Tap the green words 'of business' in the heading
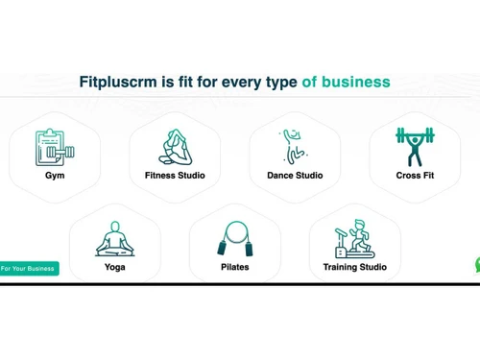pyautogui.click(x=346, y=82)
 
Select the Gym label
pyautogui.click(x=55, y=176)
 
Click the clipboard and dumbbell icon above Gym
pyautogui.click(x=55, y=148)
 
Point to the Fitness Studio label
pyautogui.click(x=175, y=176)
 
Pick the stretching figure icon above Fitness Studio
pyautogui.click(x=175, y=147)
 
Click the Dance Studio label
pyautogui.click(x=295, y=176)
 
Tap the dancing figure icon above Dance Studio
pyautogui.click(x=293, y=147)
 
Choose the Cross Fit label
pyautogui.click(x=415, y=176)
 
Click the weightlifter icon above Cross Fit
pyautogui.click(x=415, y=147)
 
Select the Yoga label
pyautogui.click(x=115, y=267)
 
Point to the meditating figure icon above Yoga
pyautogui.click(x=115, y=238)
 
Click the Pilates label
pyautogui.click(x=235, y=267)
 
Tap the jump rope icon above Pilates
pyautogui.click(x=235, y=238)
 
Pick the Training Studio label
pyautogui.click(x=355, y=267)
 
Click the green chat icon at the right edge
pyautogui.click(x=477, y=265)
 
